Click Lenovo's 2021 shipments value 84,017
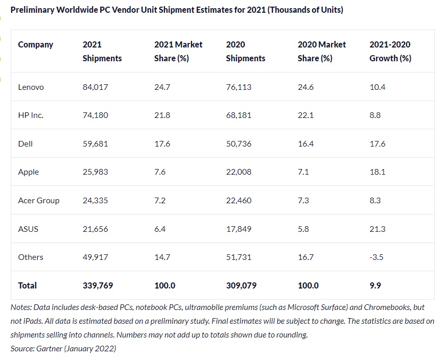point(95,87)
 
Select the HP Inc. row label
point(31,115)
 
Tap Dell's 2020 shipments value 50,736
point(239,144)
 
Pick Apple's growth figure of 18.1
point(377,172)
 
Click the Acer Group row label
point(38,201)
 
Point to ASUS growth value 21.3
point(377,229)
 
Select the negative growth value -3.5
point(377,257)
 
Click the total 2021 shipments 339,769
point(98,285)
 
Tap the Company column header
point(35,45)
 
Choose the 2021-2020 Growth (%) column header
point(390,51)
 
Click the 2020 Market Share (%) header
point(321,51)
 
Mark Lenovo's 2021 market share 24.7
point(162,87)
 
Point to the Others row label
point(31,257)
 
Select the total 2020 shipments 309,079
point(242,285)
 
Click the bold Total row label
point(27,285)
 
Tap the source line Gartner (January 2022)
point(63,348)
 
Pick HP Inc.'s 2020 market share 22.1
point(306,115)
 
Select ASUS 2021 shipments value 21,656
point(95,229)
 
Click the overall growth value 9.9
point(375,285)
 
